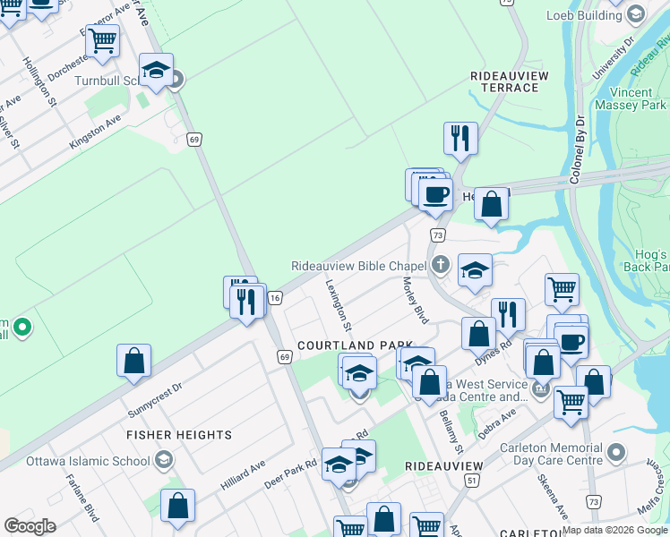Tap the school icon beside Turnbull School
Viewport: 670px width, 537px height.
click(156, 72)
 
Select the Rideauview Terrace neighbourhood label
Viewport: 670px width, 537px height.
click(509, 82)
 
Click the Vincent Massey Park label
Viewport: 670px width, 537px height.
click(638, 98)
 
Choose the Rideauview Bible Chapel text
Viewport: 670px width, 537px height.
click(358, 265)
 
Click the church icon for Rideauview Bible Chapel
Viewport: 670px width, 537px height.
click(440, 264)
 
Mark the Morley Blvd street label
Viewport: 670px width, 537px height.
click(416, 300)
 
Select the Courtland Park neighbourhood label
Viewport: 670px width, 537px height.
click(355, 345)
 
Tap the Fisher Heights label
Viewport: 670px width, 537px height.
click(179, 435)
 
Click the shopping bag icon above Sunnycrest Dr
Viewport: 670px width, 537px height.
click(133, 361)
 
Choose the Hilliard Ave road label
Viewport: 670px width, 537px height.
click(244, 476)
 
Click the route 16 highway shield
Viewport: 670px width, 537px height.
click(275, 297)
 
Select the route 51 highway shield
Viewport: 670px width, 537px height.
click(470, 481)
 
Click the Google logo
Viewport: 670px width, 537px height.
click(30, 526)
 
